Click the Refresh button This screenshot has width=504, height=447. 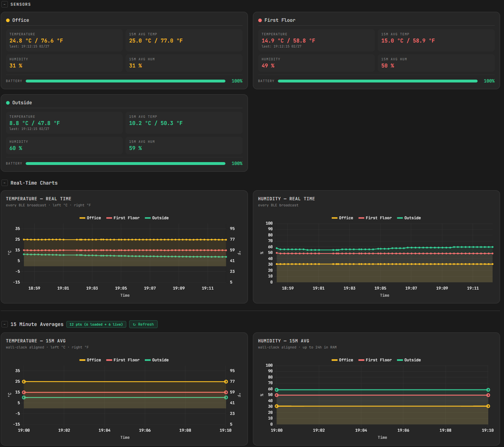(143, 324)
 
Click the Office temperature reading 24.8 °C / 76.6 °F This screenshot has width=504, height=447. (36, 41)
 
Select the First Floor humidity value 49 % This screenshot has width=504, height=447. (268, 66)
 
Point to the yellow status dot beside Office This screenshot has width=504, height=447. (8, 20)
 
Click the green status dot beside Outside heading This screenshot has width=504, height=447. (8, 103)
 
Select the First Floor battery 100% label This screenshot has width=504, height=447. (489, 81)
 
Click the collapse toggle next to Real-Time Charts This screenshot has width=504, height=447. (5, 183)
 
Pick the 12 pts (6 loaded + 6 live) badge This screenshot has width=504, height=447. (96, 324)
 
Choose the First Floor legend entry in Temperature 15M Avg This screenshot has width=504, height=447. (123, 360)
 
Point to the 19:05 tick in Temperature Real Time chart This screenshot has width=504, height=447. (121, 288)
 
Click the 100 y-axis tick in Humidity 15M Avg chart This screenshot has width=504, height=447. (269, 365)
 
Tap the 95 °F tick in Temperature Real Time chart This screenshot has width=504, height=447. (232, 228)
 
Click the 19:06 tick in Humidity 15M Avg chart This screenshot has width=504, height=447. (403, 430)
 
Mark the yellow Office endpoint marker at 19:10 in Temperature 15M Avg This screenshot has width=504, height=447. (226, 382)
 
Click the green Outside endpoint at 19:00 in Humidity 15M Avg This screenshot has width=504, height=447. (276, 390)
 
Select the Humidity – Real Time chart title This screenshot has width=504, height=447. (286, 199)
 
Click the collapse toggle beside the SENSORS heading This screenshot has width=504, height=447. (5, 4)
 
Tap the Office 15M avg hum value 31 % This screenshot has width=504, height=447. (136, 66)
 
